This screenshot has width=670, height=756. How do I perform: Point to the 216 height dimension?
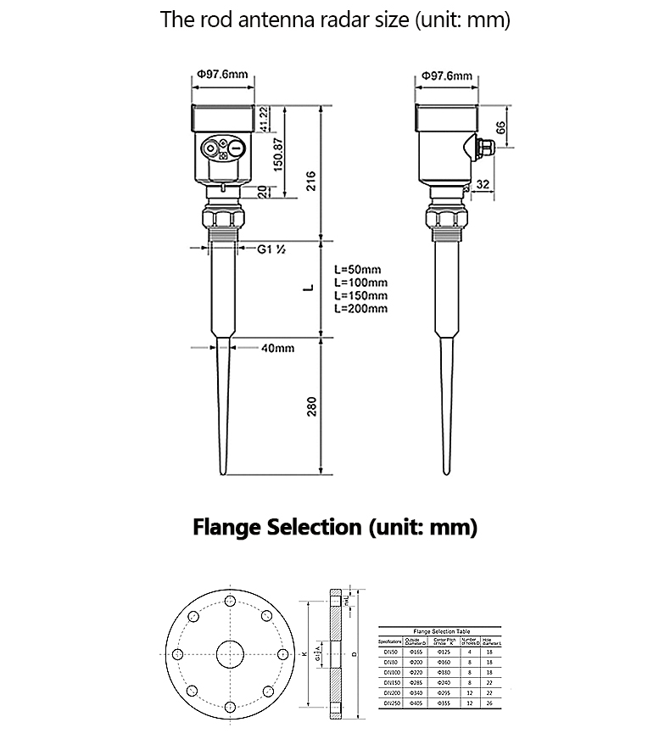click(x=310, y=180)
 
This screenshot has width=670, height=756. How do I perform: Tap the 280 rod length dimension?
click(x=310, y=406)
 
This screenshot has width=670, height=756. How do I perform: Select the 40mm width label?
click(x=277, y=348)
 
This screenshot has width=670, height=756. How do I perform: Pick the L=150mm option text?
click(x=360, y=295)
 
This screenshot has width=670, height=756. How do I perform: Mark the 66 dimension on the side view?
click(x=501, y=127)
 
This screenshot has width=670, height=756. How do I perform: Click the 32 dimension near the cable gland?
click(x=483, y=184)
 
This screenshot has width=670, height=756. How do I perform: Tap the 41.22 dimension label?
click(x=264, y=119)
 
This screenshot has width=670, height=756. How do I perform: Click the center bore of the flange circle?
click(x=229, y=654)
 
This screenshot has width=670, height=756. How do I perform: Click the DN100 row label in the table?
click(x=390, y=671)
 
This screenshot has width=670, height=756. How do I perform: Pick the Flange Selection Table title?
click(x=440, y=631)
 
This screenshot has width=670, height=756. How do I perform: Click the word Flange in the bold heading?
click(x=226, y=527)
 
